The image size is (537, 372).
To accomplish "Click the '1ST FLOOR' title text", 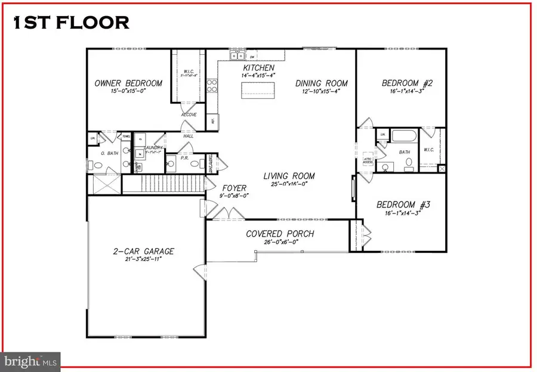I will (x=70, y=22).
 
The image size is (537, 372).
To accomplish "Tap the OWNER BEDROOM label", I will (x=128, y=83).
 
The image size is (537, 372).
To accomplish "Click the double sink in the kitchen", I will (x=237, y=57).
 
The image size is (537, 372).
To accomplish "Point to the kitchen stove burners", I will (x=211, y=86).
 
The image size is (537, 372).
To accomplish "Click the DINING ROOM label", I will (x=322, y=83).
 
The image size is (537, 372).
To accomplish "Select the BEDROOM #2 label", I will (x=407, y=83).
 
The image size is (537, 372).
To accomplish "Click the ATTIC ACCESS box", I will (x=369, y=159).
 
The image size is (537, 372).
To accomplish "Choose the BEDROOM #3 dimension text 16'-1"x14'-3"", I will (x=403, y=214).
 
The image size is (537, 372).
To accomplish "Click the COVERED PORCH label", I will (x=280, y=234).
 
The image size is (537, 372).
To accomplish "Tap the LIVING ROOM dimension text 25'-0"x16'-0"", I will (x=290, y=184).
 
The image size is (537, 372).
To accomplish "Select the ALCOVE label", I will (x=189, y=114).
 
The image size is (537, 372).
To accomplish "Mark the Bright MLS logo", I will (x=30, y=360).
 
